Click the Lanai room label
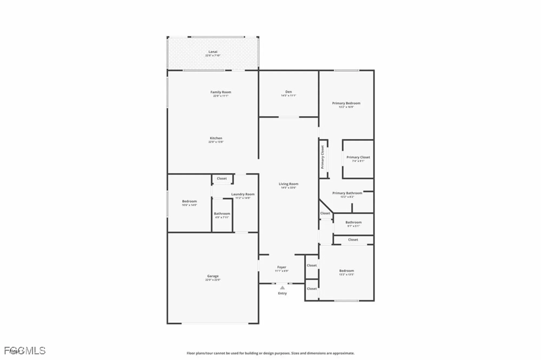213,52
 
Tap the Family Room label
221,92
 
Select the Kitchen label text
216,138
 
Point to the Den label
288,92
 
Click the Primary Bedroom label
346,103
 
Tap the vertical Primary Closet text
322,157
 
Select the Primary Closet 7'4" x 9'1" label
358,157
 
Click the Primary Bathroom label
347,193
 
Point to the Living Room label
288,184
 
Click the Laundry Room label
243,194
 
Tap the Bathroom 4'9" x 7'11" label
222,214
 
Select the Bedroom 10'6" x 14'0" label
189,202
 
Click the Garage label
213,276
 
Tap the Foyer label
282,267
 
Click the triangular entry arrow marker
282,288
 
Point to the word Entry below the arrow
282,293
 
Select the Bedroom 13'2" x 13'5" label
347,271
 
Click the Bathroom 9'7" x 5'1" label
353,223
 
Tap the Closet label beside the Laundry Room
222,179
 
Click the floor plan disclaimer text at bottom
270,353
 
